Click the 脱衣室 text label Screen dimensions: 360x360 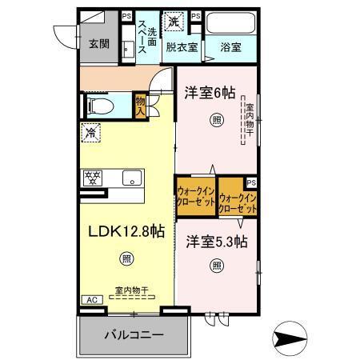click(x=182, y=47)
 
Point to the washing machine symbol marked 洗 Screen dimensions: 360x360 click(x=174, y=22)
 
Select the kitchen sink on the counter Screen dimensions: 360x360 click(x=130, y=178)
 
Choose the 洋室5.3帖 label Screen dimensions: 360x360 click(x=218, y=241)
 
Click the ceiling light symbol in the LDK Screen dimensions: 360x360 click(x=125, y=258)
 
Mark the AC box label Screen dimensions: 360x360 click(x=90, y=299)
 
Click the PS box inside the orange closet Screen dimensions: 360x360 click(x=251, y=183)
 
